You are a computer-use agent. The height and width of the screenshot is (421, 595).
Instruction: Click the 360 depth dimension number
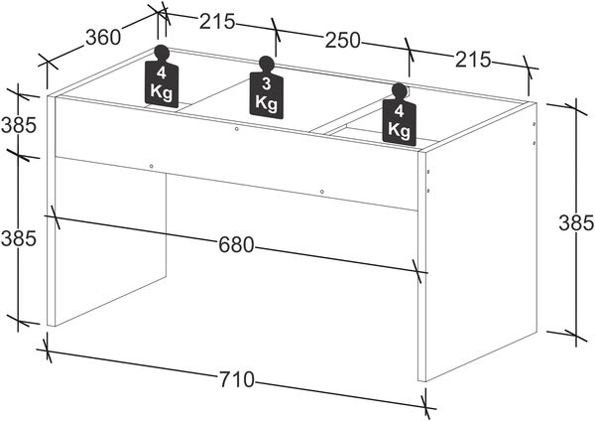(103, 38)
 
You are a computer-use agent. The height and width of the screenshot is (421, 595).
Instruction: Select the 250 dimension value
(342, 41)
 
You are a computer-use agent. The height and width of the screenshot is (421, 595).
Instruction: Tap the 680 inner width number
(236, 245)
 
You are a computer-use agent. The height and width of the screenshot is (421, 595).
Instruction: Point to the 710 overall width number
(236, 379)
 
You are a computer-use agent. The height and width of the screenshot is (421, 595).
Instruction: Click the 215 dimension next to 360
(217, 21)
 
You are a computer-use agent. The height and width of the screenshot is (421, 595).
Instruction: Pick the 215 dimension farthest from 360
(473, 60)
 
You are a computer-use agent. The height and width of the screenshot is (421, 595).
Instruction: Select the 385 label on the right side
(576, 223)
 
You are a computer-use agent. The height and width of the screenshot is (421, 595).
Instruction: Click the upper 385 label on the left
(19, 125)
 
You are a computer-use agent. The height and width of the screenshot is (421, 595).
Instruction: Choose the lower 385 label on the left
(19, 239)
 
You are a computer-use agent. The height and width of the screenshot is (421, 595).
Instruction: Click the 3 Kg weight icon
(267, 88)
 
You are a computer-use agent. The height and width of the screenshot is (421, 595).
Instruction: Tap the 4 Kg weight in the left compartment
(162, 76)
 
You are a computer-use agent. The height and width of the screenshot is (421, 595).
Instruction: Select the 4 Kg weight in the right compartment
(400, 115)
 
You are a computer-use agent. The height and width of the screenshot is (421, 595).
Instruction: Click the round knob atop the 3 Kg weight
(266, 64)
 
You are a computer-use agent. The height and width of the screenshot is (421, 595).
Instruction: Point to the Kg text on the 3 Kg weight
(266, 102)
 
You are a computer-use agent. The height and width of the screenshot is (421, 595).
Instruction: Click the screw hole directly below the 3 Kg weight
(236, 129)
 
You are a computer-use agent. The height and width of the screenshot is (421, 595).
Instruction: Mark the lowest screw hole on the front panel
(321, 192)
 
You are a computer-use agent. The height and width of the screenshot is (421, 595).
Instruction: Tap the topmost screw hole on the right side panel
(535, 124)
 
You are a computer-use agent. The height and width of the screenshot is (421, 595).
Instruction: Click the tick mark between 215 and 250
(276, 30)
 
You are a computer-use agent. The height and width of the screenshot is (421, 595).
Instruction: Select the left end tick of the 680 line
(55, 217)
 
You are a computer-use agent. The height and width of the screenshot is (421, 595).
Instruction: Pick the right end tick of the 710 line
(425, 407)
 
